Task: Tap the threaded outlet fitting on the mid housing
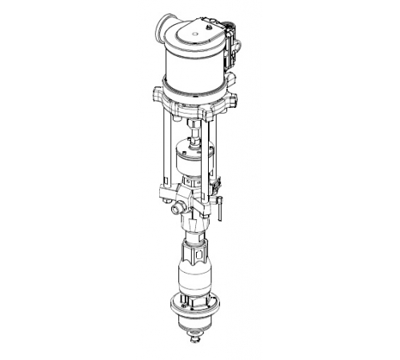(x=177, y=209)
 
